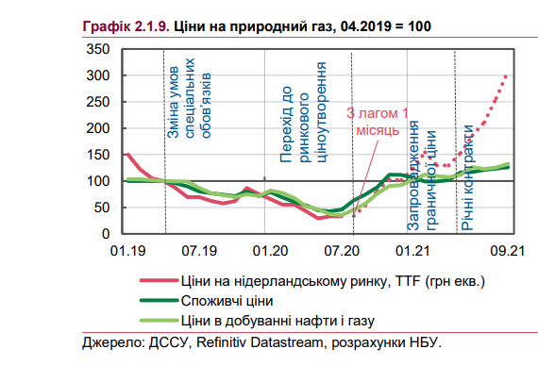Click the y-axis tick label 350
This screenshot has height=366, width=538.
pos(97,49)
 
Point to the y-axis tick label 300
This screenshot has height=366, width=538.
pos(97,75)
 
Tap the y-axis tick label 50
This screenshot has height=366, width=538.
pos(101,208)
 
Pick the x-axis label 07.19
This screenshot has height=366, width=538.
pos(199,251)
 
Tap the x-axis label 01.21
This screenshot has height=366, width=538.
pos(414,251)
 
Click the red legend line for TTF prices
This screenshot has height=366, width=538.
pos(156,281)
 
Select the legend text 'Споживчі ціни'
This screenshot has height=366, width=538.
pos(228,301)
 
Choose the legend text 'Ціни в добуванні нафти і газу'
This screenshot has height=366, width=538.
pos(280,322)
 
